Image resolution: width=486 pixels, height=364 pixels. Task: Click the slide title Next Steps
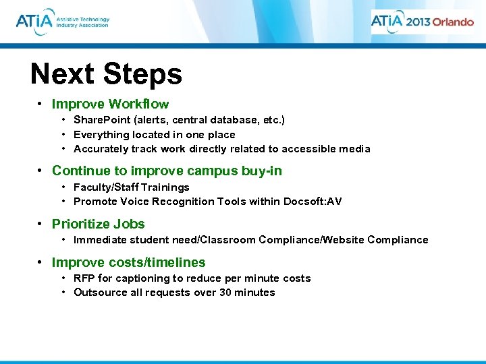click(106, 74)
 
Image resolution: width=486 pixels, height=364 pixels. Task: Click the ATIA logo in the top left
click(62, 22)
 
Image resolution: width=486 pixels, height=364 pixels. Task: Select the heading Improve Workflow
click(110, 104)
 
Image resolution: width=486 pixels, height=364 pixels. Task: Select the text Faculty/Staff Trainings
click(131, 187)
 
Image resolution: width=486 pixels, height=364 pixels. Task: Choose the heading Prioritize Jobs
click(98, 224)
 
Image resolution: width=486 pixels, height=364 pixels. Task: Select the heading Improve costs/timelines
click(128, 262)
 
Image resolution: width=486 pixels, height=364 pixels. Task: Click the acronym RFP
click(84, 278)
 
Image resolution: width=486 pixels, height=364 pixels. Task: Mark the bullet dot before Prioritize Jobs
click(40, 224)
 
